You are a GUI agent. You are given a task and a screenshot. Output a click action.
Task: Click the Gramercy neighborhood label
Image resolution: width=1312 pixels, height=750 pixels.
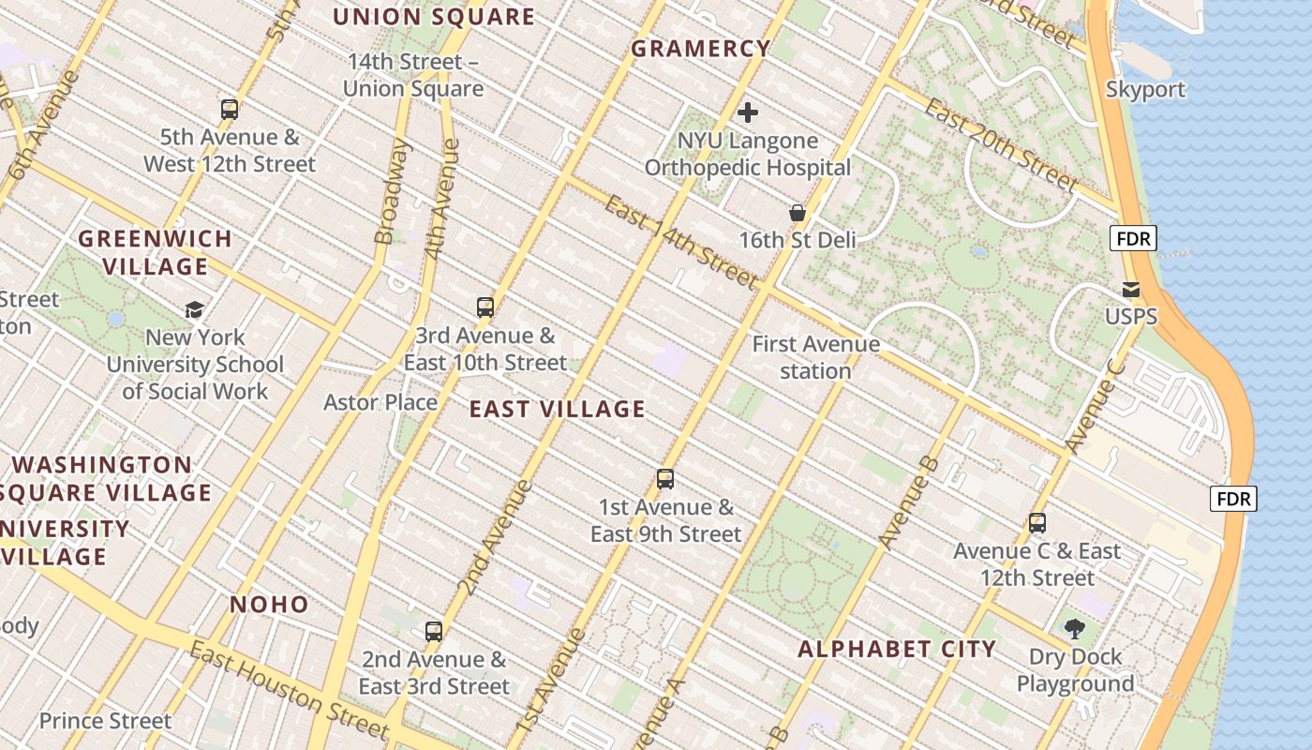point(701,49)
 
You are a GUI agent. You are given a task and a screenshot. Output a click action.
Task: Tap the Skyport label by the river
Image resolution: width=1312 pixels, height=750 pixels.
point(1145,90)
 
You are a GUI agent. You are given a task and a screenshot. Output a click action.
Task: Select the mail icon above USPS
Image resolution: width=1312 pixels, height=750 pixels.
point(1131,290)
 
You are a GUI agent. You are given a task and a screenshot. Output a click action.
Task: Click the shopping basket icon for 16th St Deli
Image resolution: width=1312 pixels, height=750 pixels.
point(798,213)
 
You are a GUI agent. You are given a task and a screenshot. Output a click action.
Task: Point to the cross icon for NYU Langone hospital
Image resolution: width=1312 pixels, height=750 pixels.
point(748,113)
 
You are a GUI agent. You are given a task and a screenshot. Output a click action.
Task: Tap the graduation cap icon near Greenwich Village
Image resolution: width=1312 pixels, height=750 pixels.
point(195,309)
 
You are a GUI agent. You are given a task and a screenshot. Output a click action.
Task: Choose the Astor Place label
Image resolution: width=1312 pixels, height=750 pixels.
point(380,402)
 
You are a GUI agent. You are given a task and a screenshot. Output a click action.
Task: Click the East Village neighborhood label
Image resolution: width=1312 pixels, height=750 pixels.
point(557,409)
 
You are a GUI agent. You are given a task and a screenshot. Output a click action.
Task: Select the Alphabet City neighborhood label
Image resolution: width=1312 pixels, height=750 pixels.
point(896,649)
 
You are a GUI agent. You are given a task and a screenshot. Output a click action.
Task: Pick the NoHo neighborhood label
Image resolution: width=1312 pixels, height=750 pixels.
point(269,605)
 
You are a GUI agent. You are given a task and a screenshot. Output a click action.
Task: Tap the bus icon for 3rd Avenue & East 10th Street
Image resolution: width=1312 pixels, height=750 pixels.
point(485,307)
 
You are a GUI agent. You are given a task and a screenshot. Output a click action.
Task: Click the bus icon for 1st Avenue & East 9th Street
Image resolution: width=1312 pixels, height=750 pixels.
point(665,479)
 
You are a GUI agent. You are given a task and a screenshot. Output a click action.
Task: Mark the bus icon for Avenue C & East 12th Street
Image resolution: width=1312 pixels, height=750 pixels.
point(1037,522)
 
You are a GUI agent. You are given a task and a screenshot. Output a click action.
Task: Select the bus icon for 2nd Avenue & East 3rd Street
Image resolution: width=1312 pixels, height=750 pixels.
point(433,631)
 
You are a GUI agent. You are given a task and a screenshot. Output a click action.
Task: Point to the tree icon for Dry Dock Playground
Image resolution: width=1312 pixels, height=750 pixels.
point(1075,628)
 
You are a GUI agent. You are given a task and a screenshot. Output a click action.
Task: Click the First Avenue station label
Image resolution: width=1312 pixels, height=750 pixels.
point(815,357)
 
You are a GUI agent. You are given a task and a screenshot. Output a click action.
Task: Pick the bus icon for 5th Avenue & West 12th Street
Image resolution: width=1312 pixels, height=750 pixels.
point(230,109)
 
